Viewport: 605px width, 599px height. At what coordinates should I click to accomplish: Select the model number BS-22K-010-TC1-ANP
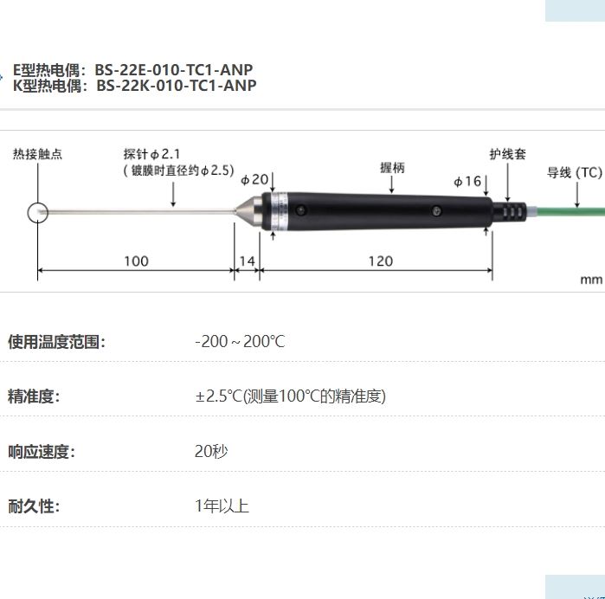[x=176, y=86]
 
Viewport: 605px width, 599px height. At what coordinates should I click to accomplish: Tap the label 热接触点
[x=37, y=155]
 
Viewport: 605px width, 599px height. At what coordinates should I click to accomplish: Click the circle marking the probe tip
[x=38, y=212]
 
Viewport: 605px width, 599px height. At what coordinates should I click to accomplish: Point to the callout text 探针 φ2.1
[x=151, y=155]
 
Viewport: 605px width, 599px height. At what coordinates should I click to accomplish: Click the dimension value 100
[x=136, y=261]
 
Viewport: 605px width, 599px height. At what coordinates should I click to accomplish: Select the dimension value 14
[x=248, y=261]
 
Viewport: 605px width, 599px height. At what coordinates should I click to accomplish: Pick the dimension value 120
[x=380, y=261]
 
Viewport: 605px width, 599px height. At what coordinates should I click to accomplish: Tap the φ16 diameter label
[x=467, y=181]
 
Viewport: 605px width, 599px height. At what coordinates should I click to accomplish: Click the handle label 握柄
[x=391, y=167]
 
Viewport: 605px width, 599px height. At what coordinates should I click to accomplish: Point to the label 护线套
[x=507, y=155]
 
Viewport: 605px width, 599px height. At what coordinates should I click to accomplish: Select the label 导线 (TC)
[x=573, y=173]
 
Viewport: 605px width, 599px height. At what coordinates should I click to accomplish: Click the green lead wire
[x=563, y=210]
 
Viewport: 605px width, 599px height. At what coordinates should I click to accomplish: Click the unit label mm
[x=590, y=280]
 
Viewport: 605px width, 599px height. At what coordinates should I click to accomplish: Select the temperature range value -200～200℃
[x=240, y=342]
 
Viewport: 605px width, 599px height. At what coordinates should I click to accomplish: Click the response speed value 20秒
[x=211, y=451]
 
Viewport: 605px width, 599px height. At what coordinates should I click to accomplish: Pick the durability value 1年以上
[x=222, y=506]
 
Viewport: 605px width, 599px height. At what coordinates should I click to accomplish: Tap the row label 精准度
[x=33, y=396]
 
